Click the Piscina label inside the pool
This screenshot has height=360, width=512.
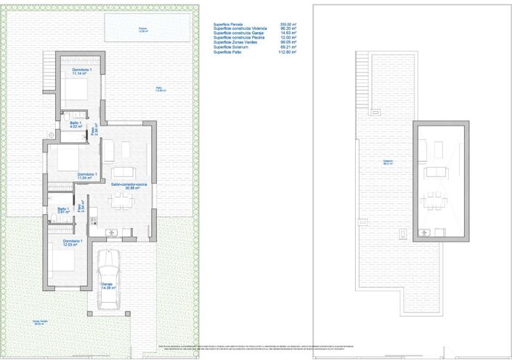point(143,30)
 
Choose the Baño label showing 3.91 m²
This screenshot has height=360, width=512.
point(63,210)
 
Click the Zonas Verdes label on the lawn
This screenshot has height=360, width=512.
point(41,323)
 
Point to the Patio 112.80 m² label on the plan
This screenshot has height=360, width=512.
point(159,89)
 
